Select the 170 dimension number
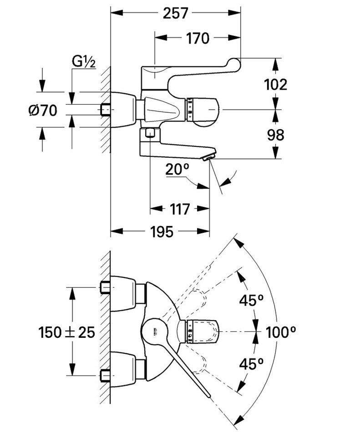pos(197,38)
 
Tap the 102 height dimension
pos(275,84)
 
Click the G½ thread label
pos(83,61)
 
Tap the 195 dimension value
pos(161,232)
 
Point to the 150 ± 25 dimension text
pos(67,332)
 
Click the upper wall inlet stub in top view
pos(105,288)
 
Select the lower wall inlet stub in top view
pos(105,376)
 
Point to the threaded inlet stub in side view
pos(106,110)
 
